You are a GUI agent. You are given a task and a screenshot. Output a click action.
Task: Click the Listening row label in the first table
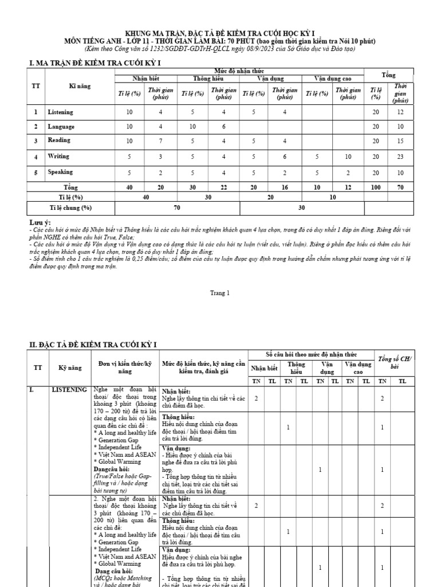coord(60,112)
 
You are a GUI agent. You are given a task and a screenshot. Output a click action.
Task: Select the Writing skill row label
coord(58,156)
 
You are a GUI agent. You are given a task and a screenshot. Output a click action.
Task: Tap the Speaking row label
coord(60,171)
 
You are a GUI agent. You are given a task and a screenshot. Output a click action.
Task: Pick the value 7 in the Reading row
coord(160,140)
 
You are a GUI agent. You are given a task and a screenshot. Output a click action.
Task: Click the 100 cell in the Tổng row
coord(376,187)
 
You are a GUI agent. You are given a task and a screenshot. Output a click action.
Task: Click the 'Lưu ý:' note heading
coord(40,222)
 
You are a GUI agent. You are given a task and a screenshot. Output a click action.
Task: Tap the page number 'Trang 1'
coord(220,292)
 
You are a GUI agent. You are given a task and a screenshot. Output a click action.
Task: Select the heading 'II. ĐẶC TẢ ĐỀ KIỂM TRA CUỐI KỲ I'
coord(93,343)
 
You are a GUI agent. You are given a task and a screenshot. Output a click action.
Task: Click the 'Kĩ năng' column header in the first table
coord(73,85)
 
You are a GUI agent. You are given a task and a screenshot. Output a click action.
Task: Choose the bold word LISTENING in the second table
coord(69,390)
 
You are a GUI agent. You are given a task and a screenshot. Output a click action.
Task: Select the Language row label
coord(61,126)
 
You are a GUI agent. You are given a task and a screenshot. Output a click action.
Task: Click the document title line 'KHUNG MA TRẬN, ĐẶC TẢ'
coord(220,33)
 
